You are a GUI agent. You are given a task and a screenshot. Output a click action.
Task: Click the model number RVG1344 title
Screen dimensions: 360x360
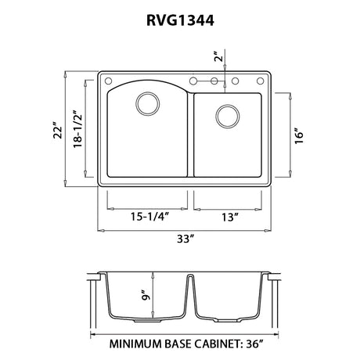coord(180,20)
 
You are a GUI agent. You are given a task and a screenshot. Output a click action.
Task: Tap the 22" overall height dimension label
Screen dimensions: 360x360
coord(58,130)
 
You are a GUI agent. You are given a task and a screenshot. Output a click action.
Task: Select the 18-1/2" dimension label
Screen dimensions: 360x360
coord(77,129)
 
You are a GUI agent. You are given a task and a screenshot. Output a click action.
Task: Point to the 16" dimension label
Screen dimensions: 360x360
coord(299,136)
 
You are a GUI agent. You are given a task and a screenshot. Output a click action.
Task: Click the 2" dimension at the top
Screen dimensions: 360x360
coord(218,56)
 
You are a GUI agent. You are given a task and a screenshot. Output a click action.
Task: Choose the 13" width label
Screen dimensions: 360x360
coord(230,217)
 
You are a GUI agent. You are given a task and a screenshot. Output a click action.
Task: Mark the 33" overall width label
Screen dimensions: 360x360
coord(185,239)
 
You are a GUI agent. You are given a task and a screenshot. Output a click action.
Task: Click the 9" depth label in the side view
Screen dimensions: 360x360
coord(146,294)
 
